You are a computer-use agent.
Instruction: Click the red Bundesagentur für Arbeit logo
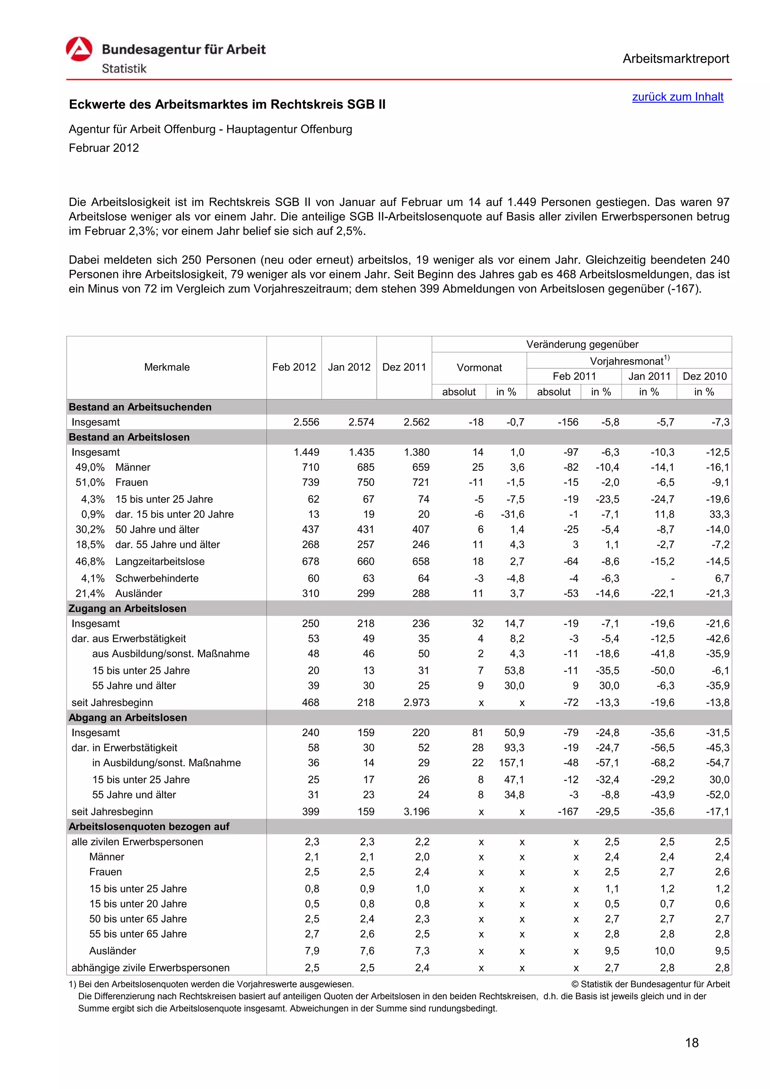(79, 49)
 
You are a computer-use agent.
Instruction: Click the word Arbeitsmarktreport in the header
(675, 59)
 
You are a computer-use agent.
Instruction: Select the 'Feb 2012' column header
(294, 367)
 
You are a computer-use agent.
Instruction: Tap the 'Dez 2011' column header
(404, 367)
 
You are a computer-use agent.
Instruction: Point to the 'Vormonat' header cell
(479, 368)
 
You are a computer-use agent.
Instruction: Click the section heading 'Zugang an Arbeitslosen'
(127, 608)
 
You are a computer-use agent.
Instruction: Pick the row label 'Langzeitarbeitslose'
(159, 561)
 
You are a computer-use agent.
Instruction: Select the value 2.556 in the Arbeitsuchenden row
(306, 422)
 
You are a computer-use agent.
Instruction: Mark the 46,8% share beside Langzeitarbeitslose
(89, 561)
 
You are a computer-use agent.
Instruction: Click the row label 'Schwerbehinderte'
(156, 578)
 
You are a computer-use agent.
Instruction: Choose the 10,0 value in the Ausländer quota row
(664, 951)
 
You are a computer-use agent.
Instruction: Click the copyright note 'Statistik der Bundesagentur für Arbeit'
(654, 984)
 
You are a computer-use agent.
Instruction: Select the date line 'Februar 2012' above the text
(103, 148)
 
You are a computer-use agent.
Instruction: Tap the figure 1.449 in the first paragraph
(522, 203)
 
